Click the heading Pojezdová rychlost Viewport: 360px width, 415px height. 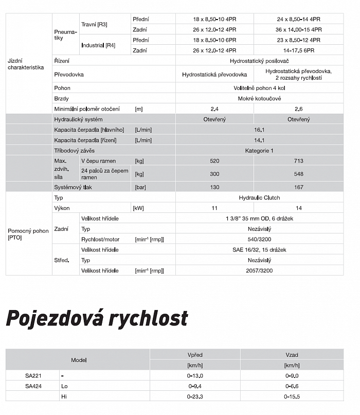coord(97,318)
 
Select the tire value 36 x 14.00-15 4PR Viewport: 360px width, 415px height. coord(298,30)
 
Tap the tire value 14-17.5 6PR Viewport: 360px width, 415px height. coord(298,50)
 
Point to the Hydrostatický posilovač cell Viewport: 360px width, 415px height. coord(259,60)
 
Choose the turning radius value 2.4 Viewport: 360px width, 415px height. coord(214,109)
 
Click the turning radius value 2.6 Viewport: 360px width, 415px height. coord(298,109)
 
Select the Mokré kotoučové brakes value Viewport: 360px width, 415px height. coord(259,98)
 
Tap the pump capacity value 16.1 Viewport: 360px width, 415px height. coord(259,130)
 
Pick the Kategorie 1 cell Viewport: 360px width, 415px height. coord(259,151)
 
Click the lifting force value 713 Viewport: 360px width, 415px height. coord(298,161)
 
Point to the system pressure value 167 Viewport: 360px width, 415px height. coord(298,187)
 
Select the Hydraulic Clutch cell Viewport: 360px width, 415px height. coord(259,197)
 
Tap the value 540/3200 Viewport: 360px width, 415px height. coord(259,239)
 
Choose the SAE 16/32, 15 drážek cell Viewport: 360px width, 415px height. coord(259,249)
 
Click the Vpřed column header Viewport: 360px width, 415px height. coord(195,355)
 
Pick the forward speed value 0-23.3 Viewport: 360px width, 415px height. coord(195,396)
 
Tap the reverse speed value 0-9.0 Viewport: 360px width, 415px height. coord(292,376)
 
